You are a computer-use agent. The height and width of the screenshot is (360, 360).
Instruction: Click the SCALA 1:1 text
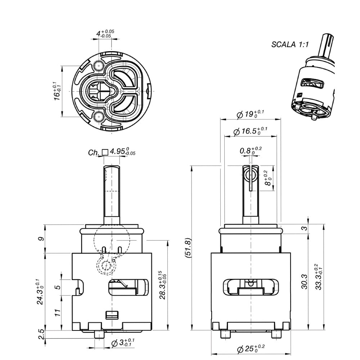coord(290,44)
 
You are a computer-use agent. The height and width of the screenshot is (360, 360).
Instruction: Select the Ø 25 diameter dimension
coord(251,348)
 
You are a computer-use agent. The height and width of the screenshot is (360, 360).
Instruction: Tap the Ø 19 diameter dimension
coord(250,114)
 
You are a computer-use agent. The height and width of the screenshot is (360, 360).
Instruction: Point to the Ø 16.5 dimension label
coord(250,131)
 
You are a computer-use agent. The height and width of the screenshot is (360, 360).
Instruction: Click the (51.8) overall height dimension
coord(188,248)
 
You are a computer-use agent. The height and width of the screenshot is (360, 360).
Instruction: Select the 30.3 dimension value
coord(304,282)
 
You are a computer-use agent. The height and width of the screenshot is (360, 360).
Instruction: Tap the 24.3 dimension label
coord(40,292)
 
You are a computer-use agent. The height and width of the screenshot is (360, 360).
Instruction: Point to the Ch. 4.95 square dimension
coord(112,152)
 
